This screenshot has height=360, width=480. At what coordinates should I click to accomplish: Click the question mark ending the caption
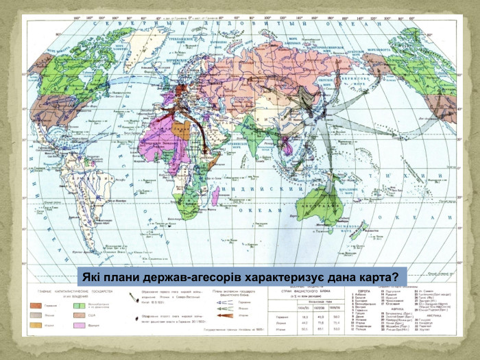pos(396,276)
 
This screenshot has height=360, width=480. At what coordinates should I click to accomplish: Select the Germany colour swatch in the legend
pos(34,302)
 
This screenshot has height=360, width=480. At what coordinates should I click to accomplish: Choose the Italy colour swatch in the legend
pos(34,324)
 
